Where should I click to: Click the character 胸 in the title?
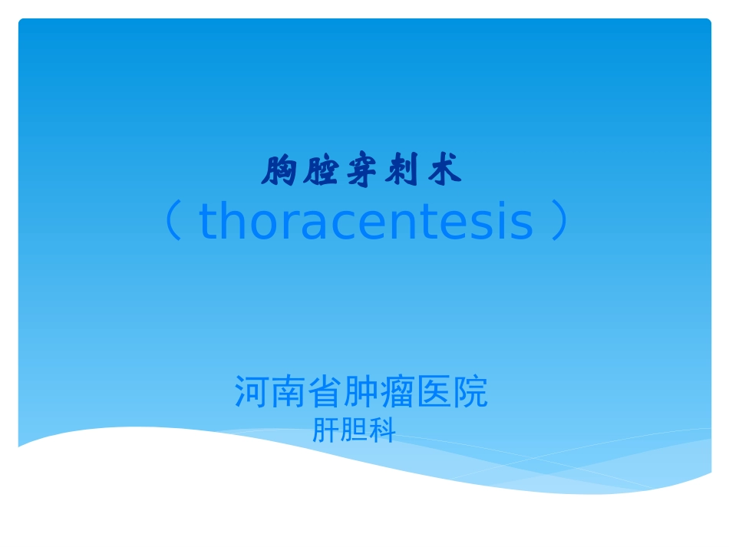(279, 171)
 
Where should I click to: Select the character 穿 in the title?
(361, 171)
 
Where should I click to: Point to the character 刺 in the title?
(403, 171)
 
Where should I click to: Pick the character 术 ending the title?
(444, 171)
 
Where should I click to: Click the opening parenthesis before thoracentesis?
(174, 222)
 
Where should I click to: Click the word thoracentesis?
(366, 222)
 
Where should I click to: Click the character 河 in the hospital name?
(251, 393)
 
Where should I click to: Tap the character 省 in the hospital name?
(325, 393)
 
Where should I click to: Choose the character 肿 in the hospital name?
(361, 393)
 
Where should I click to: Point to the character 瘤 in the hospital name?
(397, 393)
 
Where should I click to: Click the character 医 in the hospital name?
(434, 393)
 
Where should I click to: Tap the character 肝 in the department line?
(325, 431)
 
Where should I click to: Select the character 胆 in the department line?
(354, 431)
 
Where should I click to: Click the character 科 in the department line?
(382, 431)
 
